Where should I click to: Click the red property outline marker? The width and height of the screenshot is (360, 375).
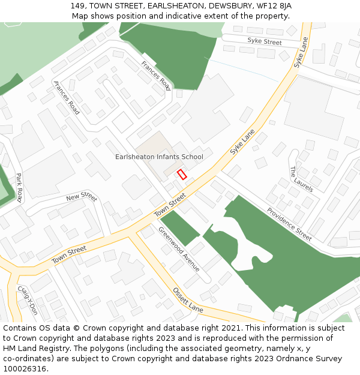pyautogui.click(x=182, y=174)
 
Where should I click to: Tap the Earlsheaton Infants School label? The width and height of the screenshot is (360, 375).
pyautogui.click(x=159, y=157)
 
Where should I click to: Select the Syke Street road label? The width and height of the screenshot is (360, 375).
pyautogui.click(x=264, y=42)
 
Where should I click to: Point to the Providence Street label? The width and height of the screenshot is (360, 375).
pyautogui.click(x=289, y=224)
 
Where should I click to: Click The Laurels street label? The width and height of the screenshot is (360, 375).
pyautogui.click(x=301, y=179)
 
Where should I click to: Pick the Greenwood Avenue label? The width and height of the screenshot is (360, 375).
pyautogui.click(x=179, y=249)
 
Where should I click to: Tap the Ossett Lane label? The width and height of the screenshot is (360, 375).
pyautogui.click(x=188, y=300)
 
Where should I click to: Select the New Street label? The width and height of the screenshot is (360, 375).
pyautogui.click(x=82, y=197)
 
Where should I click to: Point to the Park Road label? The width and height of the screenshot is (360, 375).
pyautogui.click(x=19, y=187)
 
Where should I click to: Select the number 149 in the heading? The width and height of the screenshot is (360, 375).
pyautogui.click(x=77, y=6)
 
